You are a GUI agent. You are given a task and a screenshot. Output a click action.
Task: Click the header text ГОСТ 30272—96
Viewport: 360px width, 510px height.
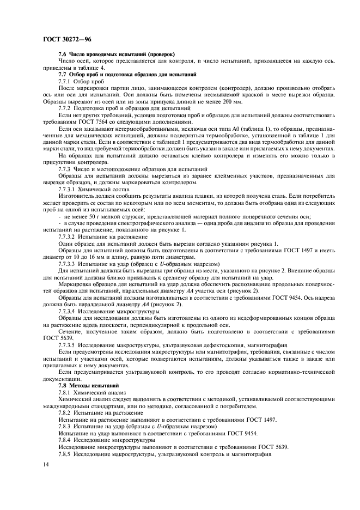click(x=66, y=40)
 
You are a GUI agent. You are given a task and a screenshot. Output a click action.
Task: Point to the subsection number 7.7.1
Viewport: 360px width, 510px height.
click(x=65, y=81)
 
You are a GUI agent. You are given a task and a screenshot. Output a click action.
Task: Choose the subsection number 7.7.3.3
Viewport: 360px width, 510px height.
click(x=68, y=264)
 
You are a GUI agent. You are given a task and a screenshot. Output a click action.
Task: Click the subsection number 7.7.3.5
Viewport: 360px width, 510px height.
click(x=68, y=346)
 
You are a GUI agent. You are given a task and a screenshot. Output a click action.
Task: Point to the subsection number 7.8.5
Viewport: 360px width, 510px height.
click(x=65, y=453)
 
